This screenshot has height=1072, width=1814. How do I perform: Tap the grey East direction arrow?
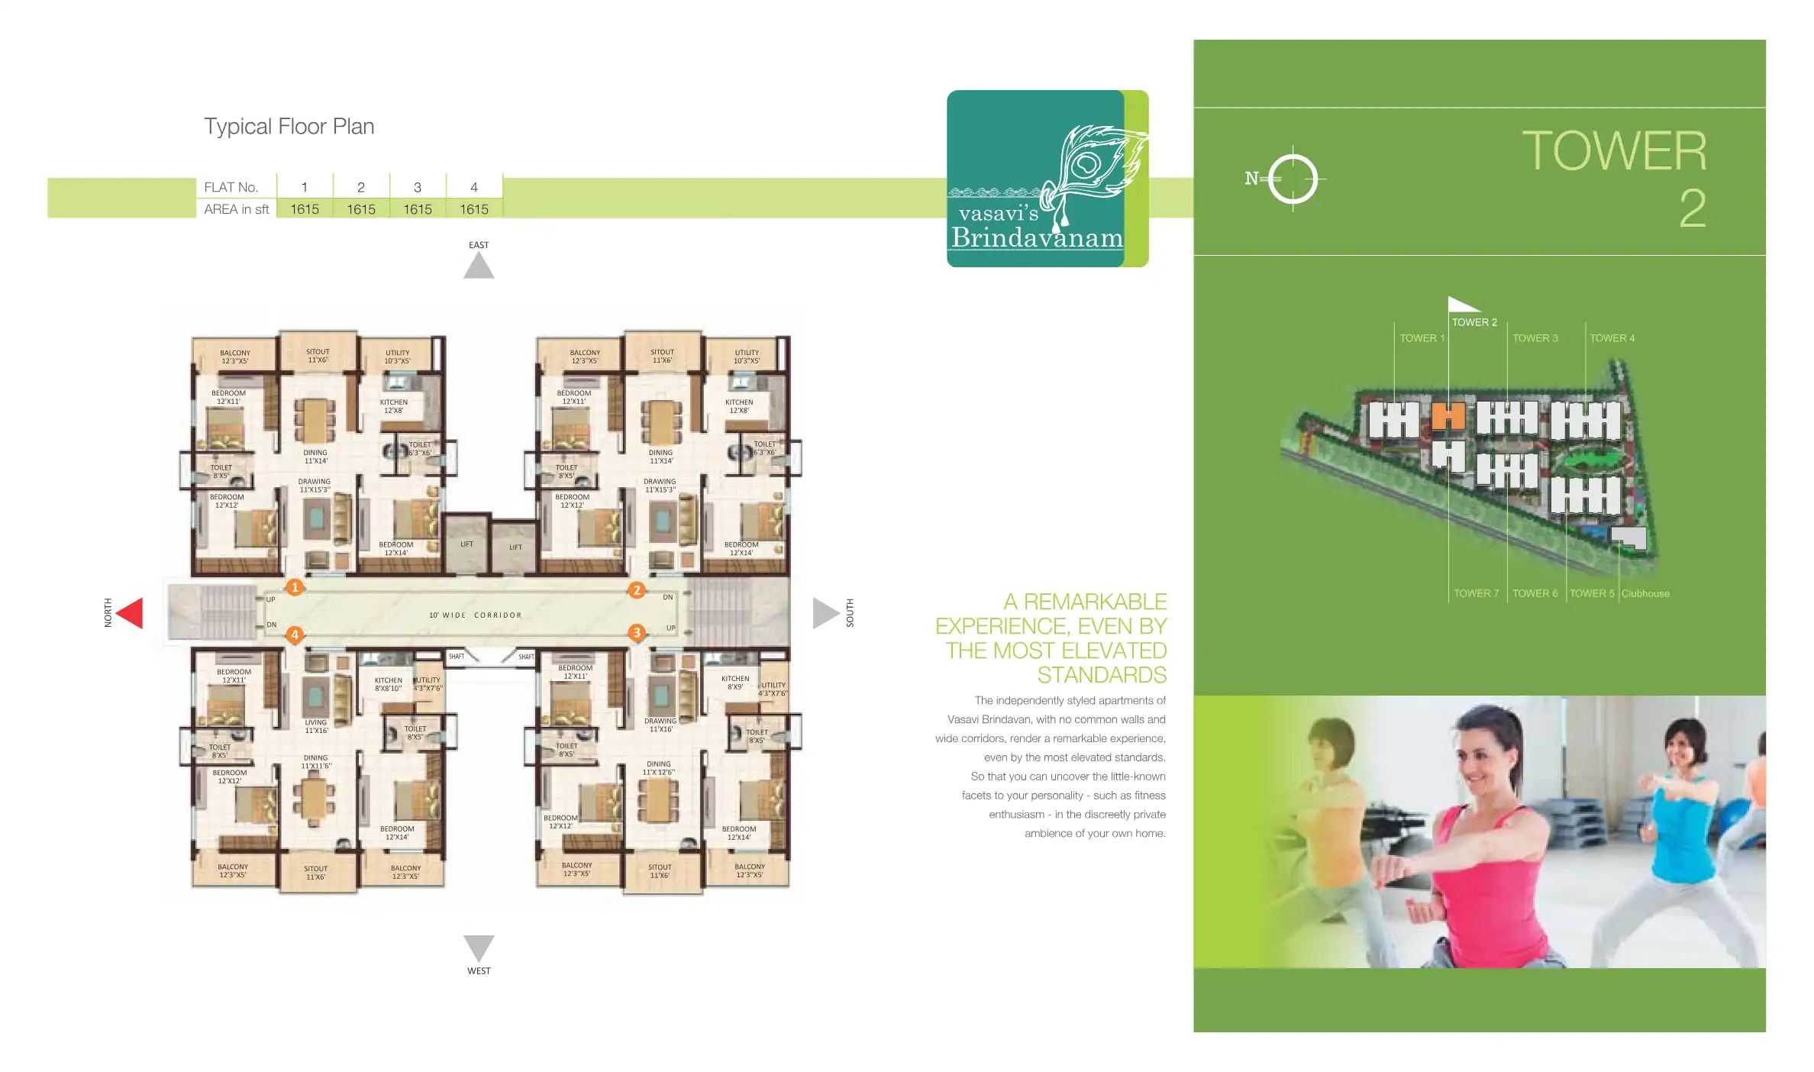tap(479, 266)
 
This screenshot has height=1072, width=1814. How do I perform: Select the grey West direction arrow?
tap(479, 947)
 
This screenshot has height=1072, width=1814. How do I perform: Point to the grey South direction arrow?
tap(825, 613)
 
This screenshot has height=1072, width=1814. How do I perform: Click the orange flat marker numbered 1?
tap(295, 587)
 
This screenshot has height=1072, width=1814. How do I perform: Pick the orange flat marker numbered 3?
tap(637, 632)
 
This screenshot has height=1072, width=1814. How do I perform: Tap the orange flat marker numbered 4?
tap(295, 634)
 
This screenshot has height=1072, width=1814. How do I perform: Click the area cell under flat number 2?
tap(361, 209)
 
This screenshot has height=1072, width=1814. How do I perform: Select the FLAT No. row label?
tap(231, 187)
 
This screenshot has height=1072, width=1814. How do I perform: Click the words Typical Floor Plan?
tap(289, 126)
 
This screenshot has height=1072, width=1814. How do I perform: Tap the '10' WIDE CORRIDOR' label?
tap(475, 615)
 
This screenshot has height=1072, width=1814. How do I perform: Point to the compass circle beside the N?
tap(1293, 179)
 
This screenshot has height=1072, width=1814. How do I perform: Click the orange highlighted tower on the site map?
tap(1448, 417)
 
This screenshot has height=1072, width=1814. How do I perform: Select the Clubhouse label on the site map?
tap(1645, 593)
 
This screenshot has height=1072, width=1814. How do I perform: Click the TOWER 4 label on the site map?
tap(1612, 338)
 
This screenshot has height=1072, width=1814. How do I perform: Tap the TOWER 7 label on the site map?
tap(1476, 593)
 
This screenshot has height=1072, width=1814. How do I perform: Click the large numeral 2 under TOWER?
tap(1692, 209)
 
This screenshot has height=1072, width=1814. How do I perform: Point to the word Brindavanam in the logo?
tap(1037, 237)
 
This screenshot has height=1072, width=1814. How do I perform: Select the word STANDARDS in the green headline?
tap(1102, 675)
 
